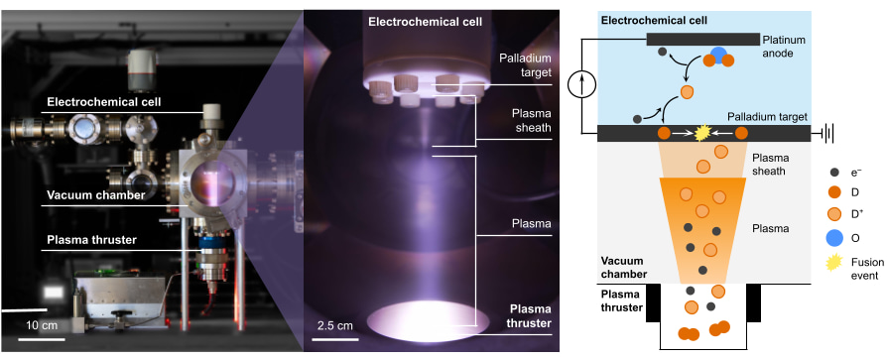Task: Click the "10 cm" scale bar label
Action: (x=43, y=324)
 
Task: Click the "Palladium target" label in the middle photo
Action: (x=522, y=64)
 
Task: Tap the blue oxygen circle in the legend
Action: (x=832, y=237)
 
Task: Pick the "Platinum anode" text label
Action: (x=786, y=46)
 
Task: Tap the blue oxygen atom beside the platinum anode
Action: (x=719, y=53)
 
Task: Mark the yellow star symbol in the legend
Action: (x=832, y=263)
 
